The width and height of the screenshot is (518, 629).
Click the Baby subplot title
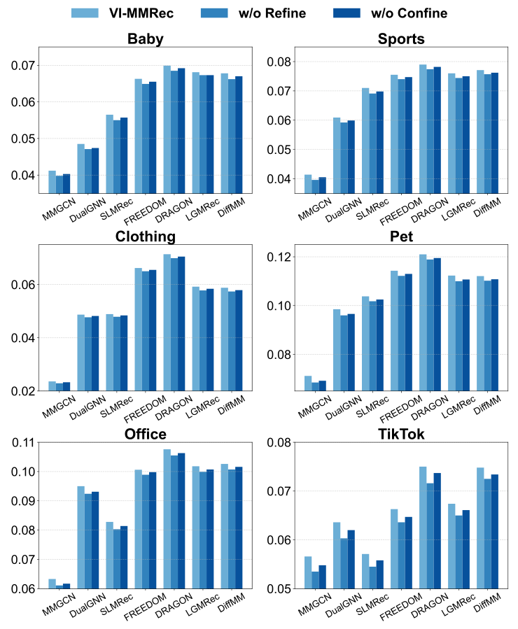pos(146,39)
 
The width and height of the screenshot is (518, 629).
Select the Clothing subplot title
pos(146,237)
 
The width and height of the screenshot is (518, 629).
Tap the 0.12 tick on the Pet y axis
pos(277,257)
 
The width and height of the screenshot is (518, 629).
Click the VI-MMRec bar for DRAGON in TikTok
pos(423,527)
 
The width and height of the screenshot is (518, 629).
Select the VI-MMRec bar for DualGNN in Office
pos(80,537)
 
